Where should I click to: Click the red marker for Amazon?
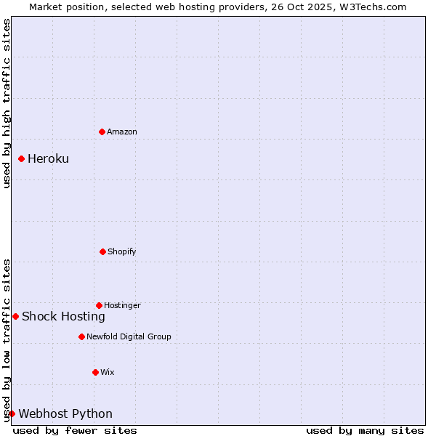tap(102, 132)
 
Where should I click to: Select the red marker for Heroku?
tap(21, 158)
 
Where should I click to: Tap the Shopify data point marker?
tap(102, 251)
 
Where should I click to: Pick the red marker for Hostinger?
tap(99, 305)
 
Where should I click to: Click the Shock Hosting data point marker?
tap(15, 316)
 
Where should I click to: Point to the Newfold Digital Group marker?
tap(81, 336)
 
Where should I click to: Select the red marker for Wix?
tap(95, 372)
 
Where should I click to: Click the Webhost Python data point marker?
tap(12, 413)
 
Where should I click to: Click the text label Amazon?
tap(122, 132)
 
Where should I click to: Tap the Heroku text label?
tap(48, 158)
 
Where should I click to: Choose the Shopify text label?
tap(122, 251)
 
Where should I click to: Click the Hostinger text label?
tap(122, 305)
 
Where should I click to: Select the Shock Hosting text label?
tap(63, 316)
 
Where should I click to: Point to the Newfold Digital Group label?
tap(129, 336)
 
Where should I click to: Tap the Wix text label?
tap(108, 372)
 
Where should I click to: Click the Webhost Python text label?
tap(65, 413)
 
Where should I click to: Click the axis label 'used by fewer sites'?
tap(75, 430)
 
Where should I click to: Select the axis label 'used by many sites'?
tap(365, 430)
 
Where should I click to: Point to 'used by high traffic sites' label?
tap(7, 103)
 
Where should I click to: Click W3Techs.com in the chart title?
tap(373, 7)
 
